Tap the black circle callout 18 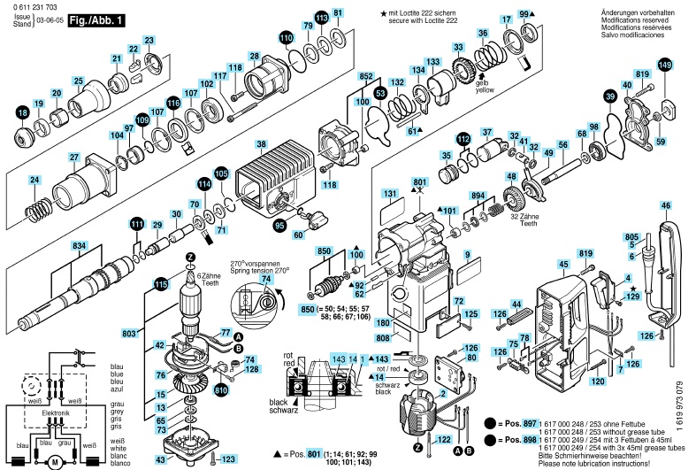click(x=23, y=111)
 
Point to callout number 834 click(x=79, y=243)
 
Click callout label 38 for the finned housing click(x=261, y=144)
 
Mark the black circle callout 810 click(x=221, y=389)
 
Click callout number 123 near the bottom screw click(x=228, y=459)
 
